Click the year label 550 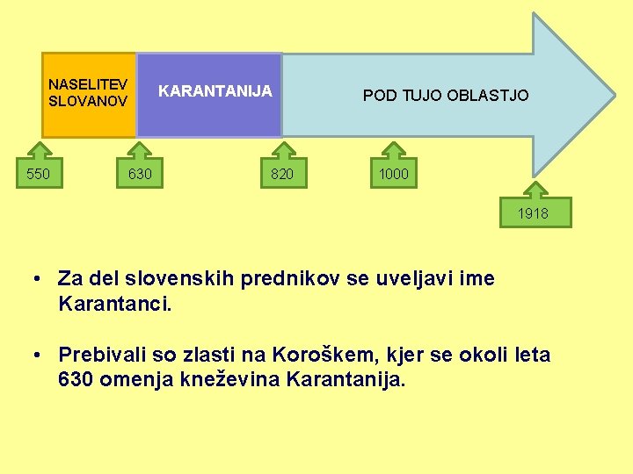(38, 174)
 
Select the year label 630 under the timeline (140, 174)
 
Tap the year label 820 (281, 174)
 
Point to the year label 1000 (393, 174)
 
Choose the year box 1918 (533, 212)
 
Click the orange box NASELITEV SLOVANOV (88, 94)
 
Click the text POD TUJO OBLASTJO (446, 95)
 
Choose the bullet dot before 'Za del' (40, 280)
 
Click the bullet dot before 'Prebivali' (40, 356)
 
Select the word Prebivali (100, 355)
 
